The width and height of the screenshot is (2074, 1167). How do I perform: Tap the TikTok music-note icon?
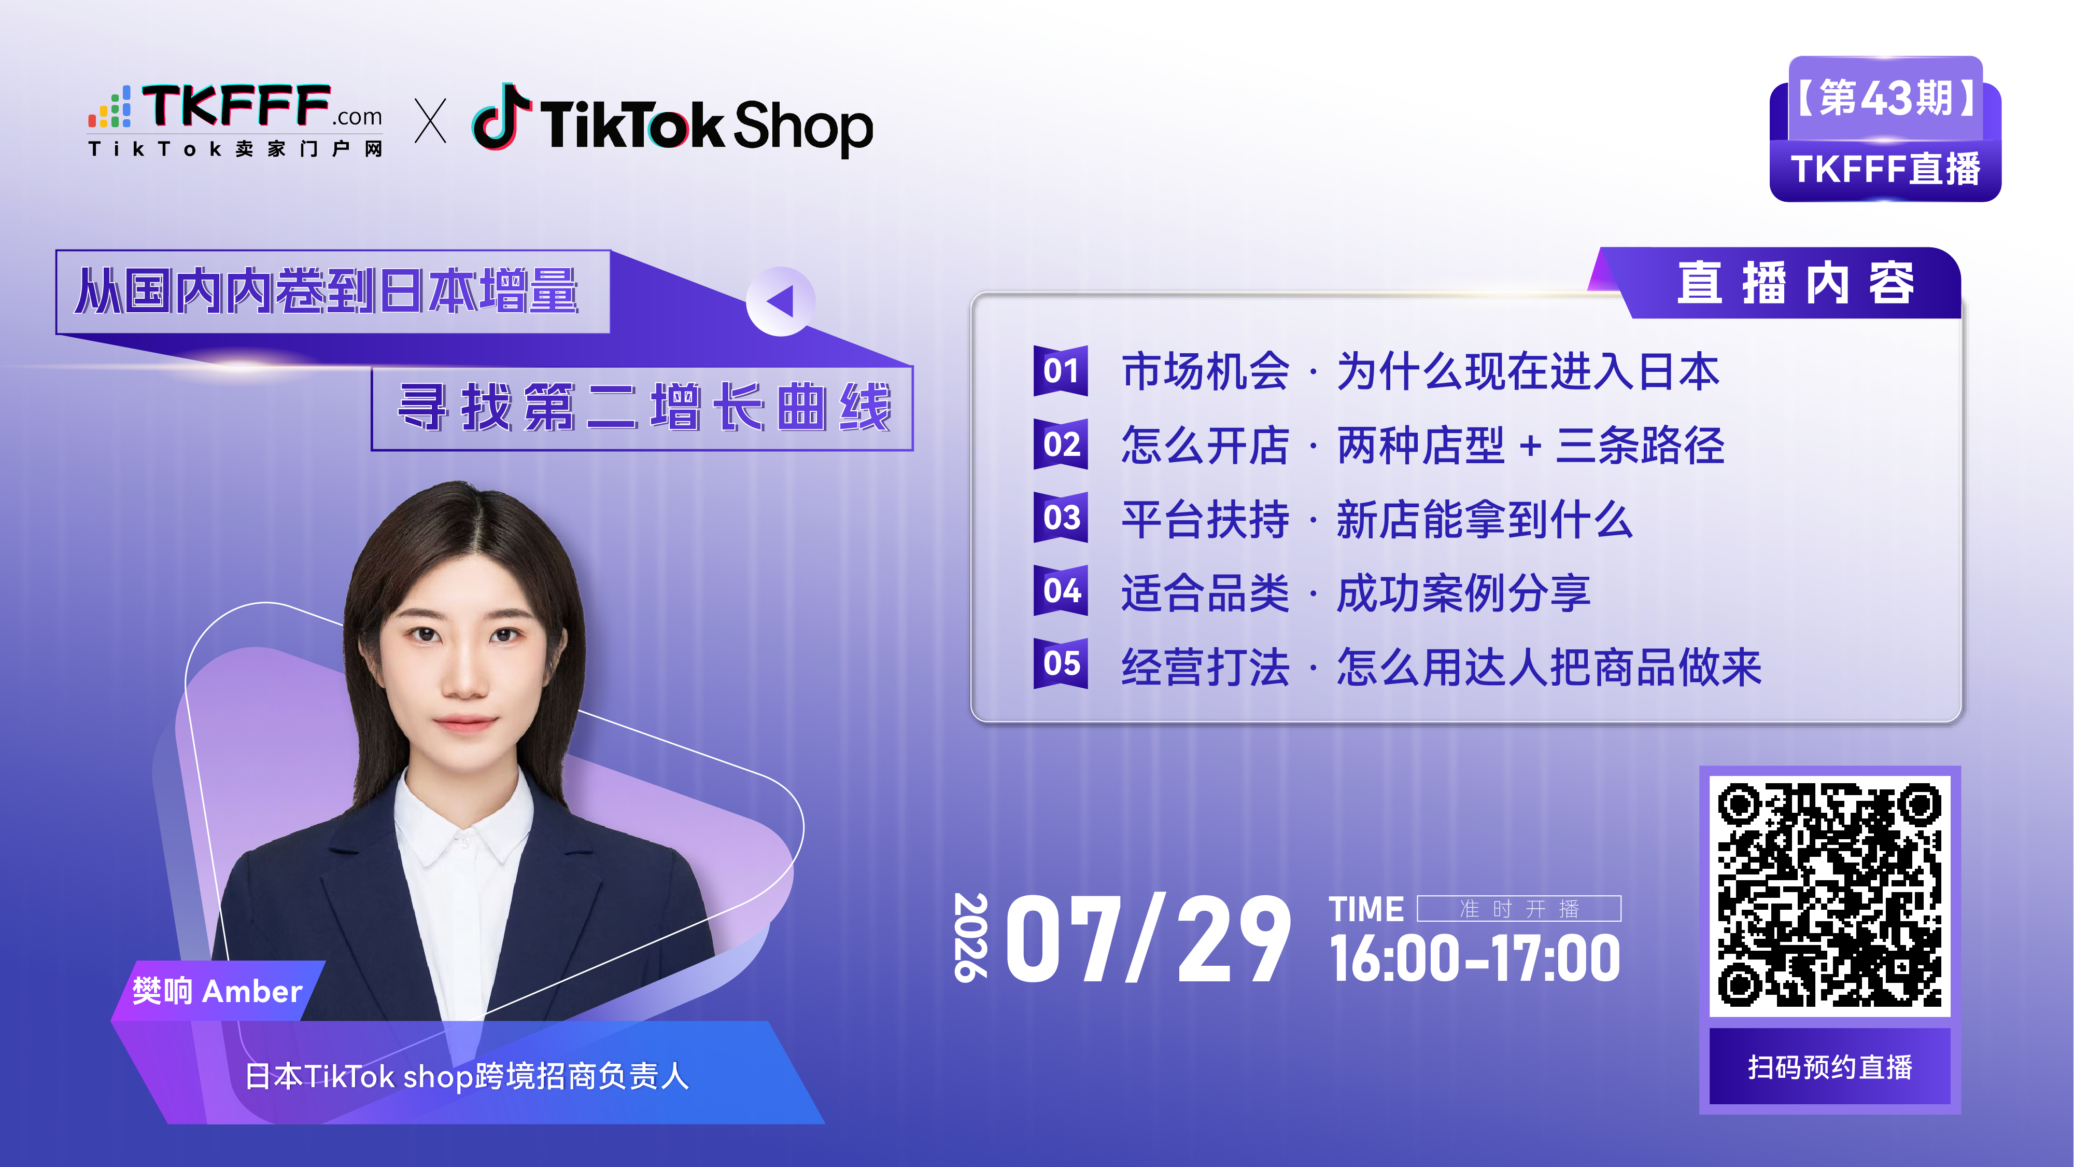click(x=501, y=116)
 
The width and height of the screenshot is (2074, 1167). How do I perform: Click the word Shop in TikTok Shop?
click(x=803, y=127)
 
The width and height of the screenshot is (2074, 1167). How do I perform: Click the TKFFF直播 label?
click(x=1885, y=169)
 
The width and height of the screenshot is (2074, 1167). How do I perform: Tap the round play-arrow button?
click(x=780, y=301)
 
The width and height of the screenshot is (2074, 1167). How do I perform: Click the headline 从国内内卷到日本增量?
click(x=328, y=291)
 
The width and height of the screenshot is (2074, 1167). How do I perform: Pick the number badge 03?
click(x=1061, y=517)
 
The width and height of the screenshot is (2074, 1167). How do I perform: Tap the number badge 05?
click(x=1061, y=664)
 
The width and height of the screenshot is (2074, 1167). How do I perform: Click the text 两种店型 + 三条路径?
click(x=1530, y=446)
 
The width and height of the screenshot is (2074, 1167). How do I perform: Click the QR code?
click(x=1829, y=895)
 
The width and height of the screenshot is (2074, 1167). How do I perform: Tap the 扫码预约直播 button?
click(x=1829, y=1066)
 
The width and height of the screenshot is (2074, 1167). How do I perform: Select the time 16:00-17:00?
click(x=1475, y=958)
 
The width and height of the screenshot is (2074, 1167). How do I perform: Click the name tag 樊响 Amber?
click(x=217, y=991)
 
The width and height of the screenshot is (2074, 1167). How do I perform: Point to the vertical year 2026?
click(x=970, y=937)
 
